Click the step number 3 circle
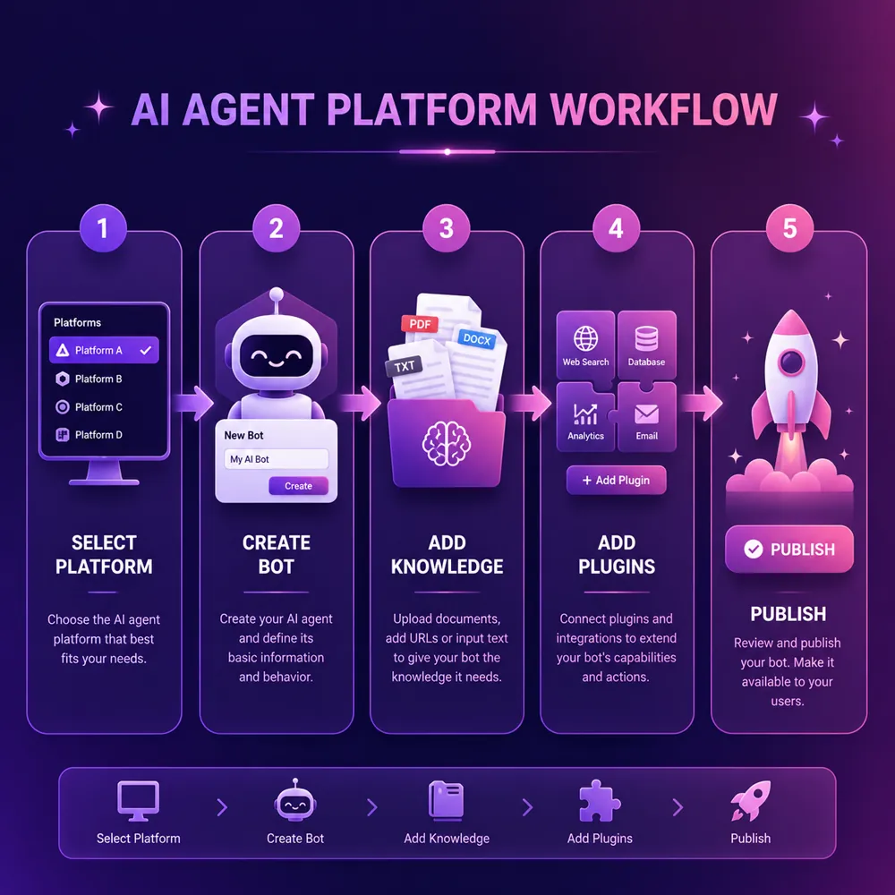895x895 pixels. click(x=447, y=228)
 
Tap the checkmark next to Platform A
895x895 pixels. click(x=146, y=350)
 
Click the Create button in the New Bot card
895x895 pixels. click(x=298, y=486)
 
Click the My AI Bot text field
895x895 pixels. click(x=277, y=459)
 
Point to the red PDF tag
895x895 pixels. click(x=420, y=324)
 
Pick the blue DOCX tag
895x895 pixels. click(x=477, y=339)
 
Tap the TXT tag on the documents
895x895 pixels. click(x=405, y=366)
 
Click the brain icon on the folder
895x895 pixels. click(x=447, y=444)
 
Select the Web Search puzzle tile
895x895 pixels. click(x=585, y=345)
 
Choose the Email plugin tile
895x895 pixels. click(x=647, y=417)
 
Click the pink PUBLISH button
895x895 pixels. click(x=789, y=549)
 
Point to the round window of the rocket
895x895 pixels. click(x=791, y=362)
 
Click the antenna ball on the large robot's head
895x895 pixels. click(x=277, y=294)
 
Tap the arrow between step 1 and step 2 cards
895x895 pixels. click(x=193, y=403)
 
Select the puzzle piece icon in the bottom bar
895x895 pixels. click(x=600, y=801)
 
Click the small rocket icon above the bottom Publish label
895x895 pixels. click(x=751, y=801)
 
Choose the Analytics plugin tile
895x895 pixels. click(x=585, y=417)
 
